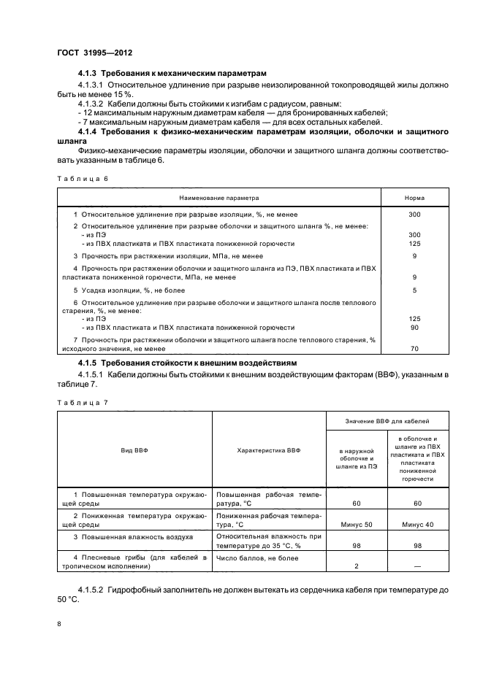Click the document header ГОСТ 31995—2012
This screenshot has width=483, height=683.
94,53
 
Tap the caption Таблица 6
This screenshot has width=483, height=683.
82,177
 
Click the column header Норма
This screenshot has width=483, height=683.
414,198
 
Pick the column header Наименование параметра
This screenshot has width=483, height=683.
219,198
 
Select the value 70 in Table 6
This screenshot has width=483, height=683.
414,349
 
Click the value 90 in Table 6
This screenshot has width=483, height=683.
414,328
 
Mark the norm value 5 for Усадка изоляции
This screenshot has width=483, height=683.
414,290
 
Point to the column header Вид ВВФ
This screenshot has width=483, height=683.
134,451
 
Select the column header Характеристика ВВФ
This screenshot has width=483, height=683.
268,451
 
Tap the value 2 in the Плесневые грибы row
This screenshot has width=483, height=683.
357,566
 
